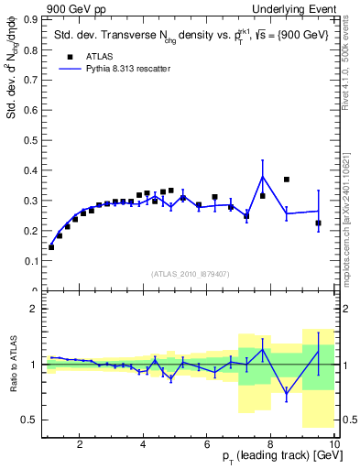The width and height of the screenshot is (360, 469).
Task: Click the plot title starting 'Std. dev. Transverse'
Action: (183, 33)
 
